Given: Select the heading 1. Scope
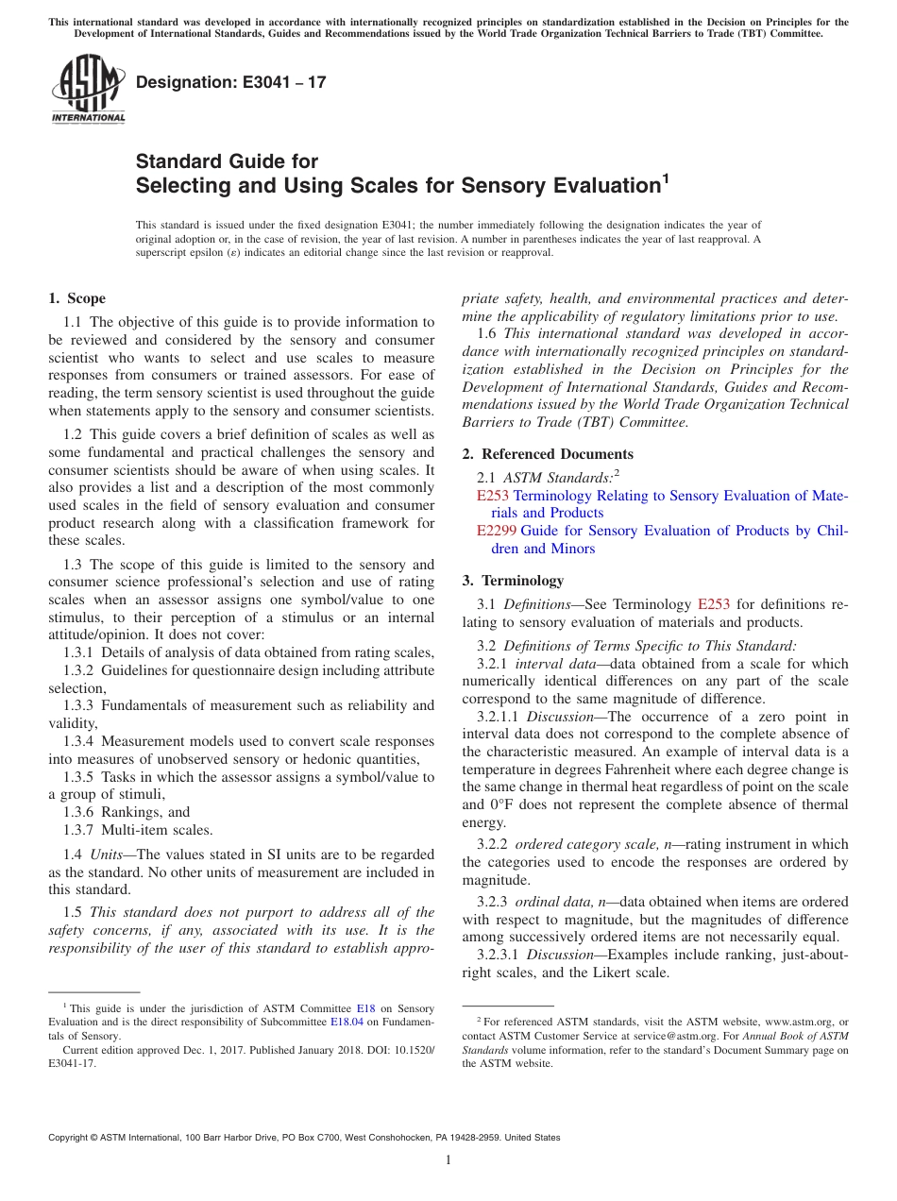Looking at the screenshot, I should (x=76, y=298).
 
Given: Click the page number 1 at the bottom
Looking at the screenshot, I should (x=448, y=1159).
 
